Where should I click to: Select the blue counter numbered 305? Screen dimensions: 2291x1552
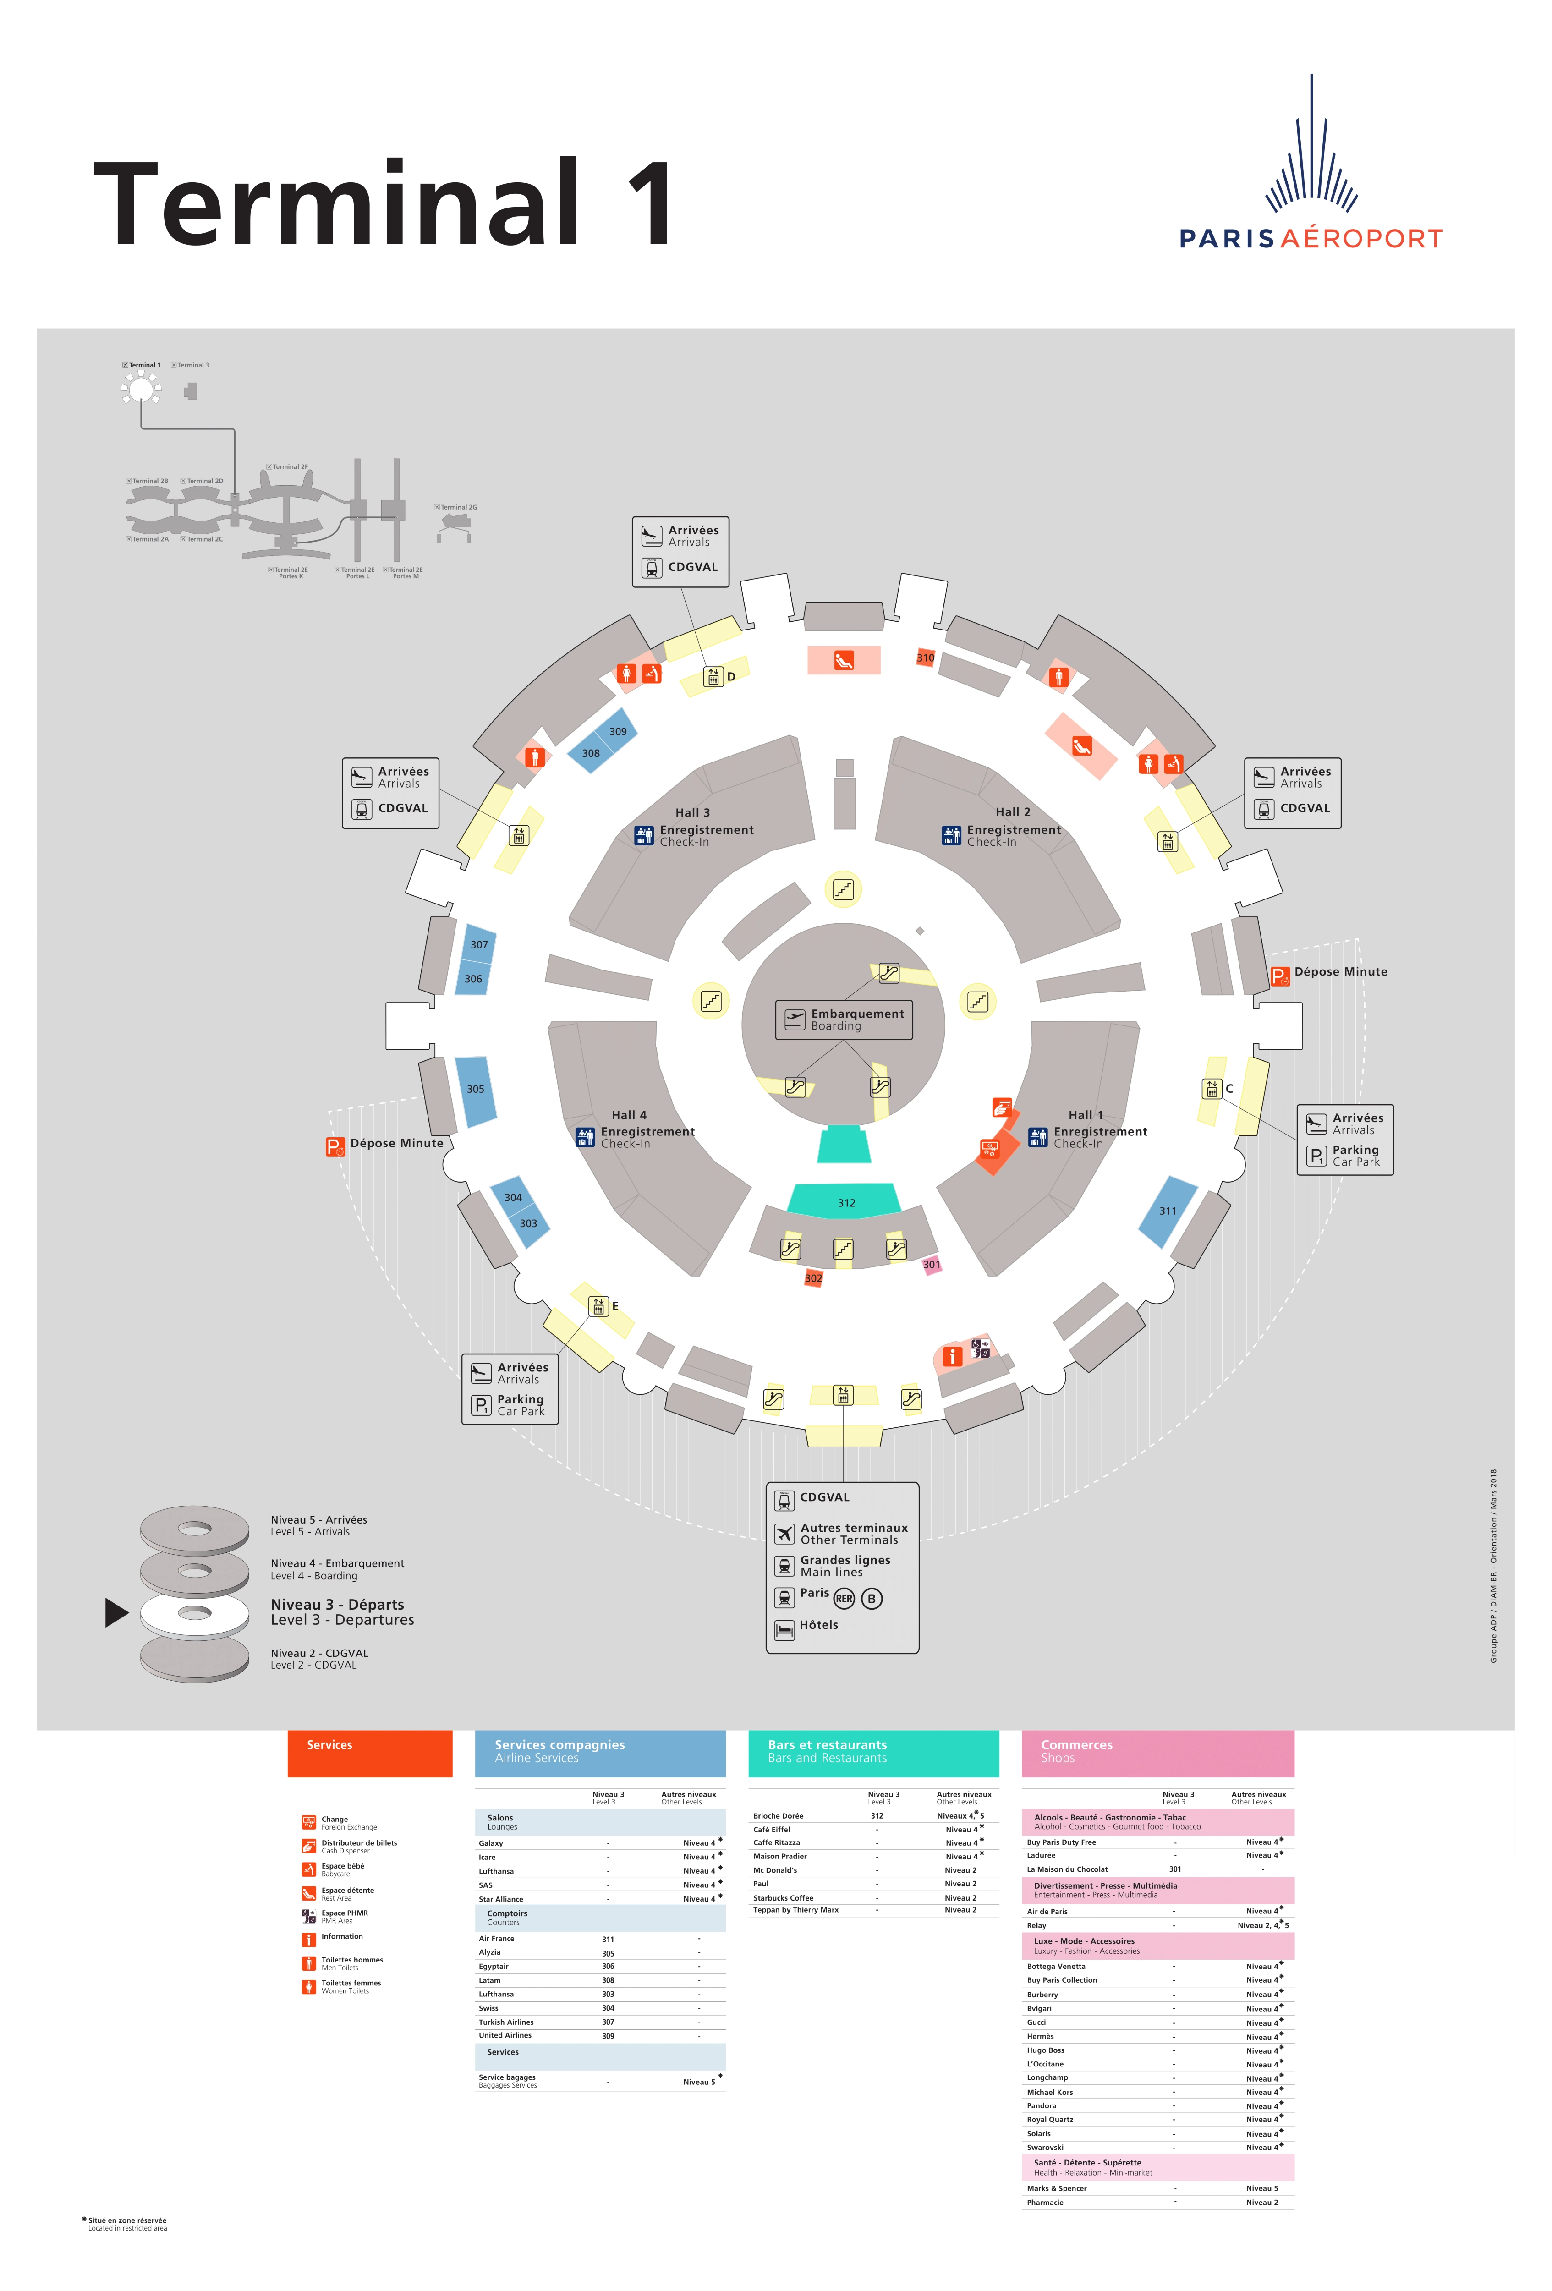click(x=475, y=1089)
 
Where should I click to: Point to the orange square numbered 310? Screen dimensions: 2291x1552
click(x=925, y=658)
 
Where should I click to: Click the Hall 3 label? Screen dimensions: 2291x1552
click(x=692, y=812)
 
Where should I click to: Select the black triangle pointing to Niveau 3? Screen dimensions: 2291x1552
click(x=116, y=1612)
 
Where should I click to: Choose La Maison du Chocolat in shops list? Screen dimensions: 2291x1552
click(x=1067, y=1869)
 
